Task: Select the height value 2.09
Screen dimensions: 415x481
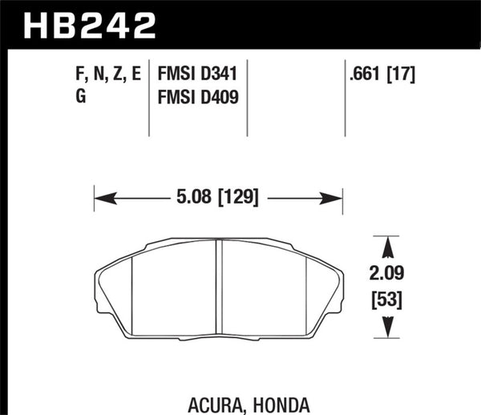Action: pos(387,272)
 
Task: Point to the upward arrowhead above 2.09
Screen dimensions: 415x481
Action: pos(387,244)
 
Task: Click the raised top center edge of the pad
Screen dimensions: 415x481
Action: pos(219,239)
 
